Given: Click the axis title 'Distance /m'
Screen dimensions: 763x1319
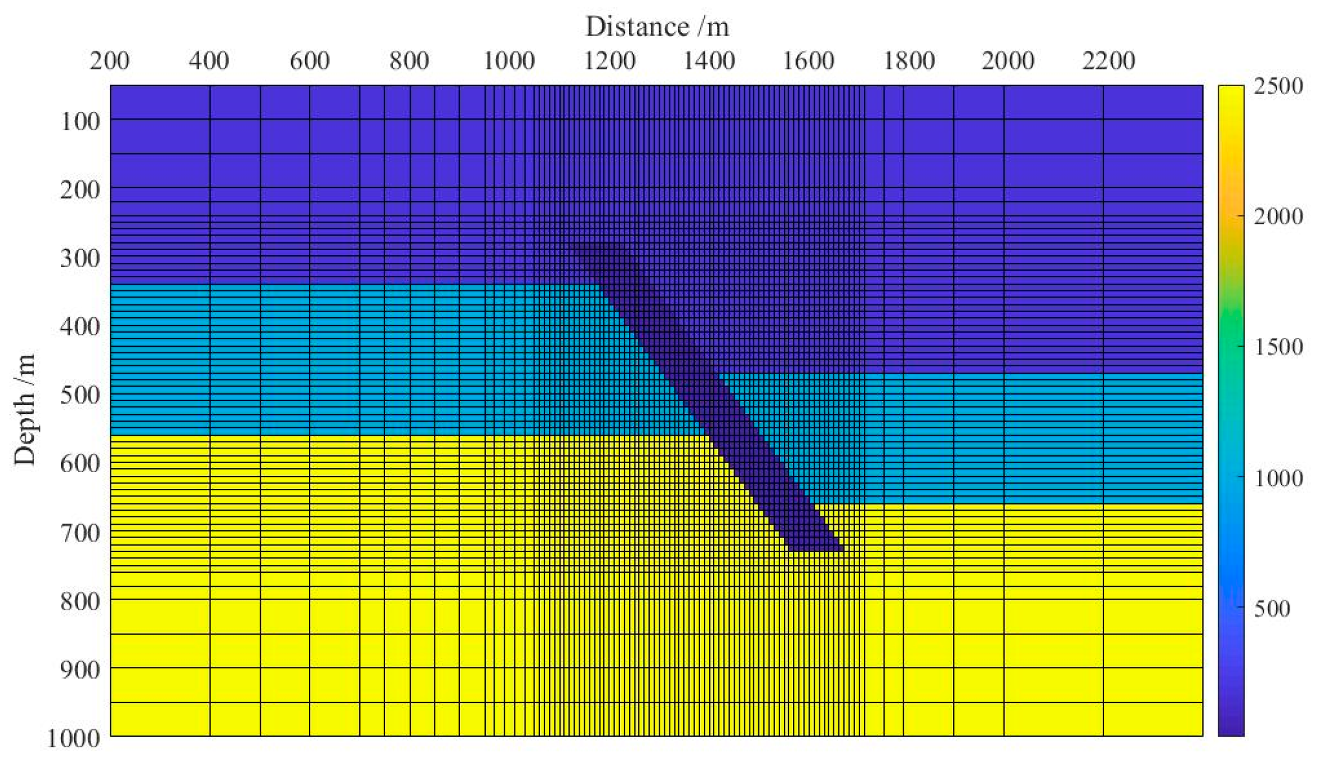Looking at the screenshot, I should [x=657, y=27].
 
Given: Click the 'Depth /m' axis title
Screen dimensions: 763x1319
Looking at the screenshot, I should [x=25, y=409].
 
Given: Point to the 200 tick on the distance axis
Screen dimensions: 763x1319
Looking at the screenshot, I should [x=110, y=60].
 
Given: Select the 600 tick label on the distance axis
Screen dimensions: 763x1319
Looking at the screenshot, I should [x=309, y=60].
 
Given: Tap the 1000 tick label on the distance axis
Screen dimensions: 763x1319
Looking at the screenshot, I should [x=509, y=60].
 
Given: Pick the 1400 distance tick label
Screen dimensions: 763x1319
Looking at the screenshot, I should [x=709, y=60].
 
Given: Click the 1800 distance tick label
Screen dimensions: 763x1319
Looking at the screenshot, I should [x=909, y=60].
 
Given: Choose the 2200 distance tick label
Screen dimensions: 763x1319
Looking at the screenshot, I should [x=1109, y=60].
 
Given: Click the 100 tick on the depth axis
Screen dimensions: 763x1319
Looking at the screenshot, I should [x=80, y=121].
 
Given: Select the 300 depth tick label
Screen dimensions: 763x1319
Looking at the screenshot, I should [x=80, y=258].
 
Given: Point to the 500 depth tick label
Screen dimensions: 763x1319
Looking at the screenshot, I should [x=80, y=395].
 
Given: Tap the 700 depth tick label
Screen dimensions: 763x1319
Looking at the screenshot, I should [x=80, y=533].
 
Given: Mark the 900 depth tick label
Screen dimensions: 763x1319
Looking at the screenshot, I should [x=80, y=670].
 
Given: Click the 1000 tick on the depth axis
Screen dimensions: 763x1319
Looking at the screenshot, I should [x=74, y=738].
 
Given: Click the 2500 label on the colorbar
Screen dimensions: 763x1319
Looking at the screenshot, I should [x=1278, y=86].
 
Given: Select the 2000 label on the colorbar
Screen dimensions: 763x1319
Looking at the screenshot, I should [x=1278, y=216].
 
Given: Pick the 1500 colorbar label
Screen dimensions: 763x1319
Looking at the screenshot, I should [x=1278, y=347].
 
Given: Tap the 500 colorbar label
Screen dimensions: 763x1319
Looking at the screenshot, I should [x=1272, y=608].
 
